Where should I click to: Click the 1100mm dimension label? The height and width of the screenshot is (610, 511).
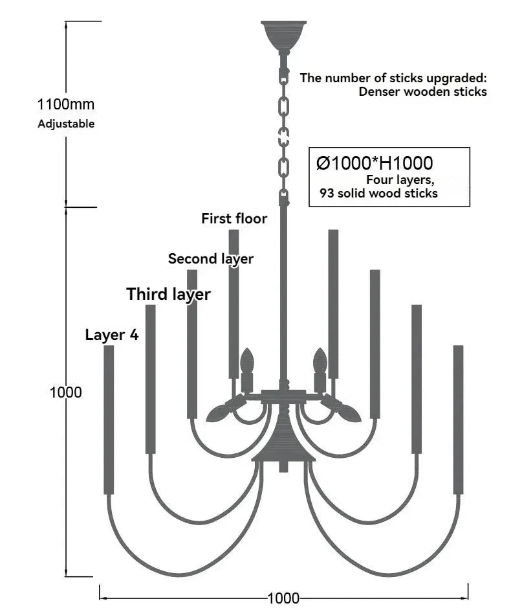pos(66,104)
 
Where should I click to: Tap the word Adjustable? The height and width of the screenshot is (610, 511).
pos(66,124)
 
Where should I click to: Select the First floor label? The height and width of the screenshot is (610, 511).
pos(234,218)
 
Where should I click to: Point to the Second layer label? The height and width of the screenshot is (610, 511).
pos(211,259)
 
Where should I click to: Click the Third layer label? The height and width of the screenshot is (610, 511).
pos(168,294)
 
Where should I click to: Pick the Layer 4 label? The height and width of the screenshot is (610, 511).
pos(112,335)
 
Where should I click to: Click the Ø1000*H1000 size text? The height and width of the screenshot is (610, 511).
pos(375,163)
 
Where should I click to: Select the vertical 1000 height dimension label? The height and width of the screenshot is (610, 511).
pos(66,392)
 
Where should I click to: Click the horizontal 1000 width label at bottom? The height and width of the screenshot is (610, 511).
pos(284,598)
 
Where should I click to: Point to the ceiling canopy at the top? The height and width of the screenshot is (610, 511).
pos(284,36)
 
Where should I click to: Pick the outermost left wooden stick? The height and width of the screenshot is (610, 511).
pos(109,420)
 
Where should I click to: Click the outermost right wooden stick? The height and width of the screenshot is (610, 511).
pos(458,420)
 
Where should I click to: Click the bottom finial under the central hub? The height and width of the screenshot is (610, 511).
pos(284,466)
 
